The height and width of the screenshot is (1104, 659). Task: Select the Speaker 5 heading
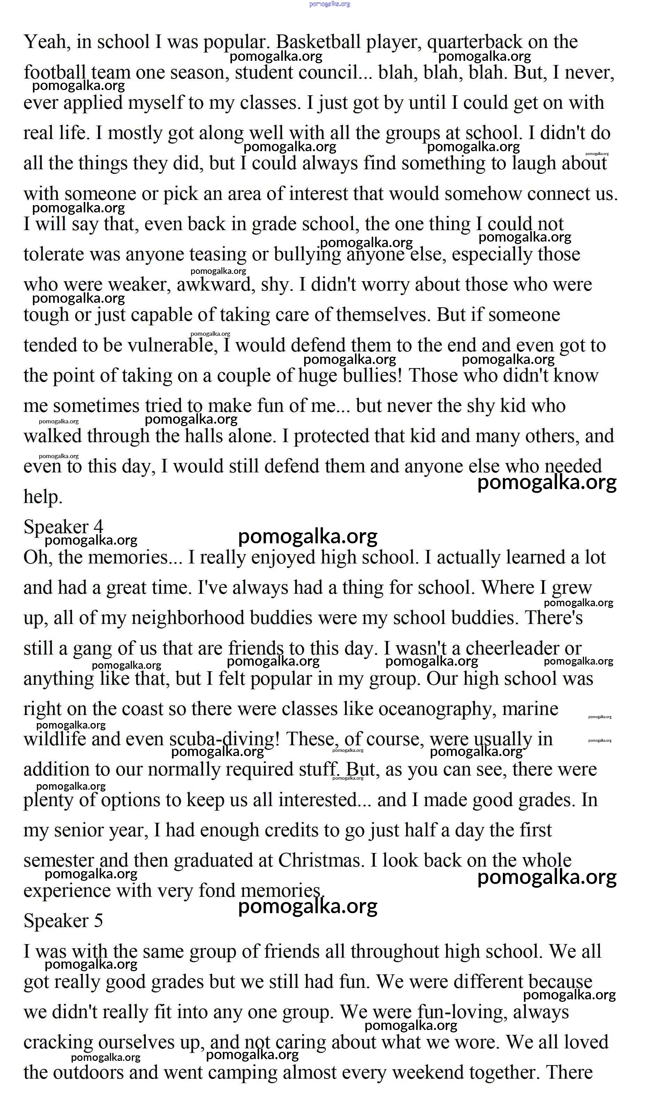64,921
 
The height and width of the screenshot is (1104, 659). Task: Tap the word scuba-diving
224,739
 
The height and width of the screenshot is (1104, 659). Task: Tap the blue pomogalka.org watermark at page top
330,4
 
